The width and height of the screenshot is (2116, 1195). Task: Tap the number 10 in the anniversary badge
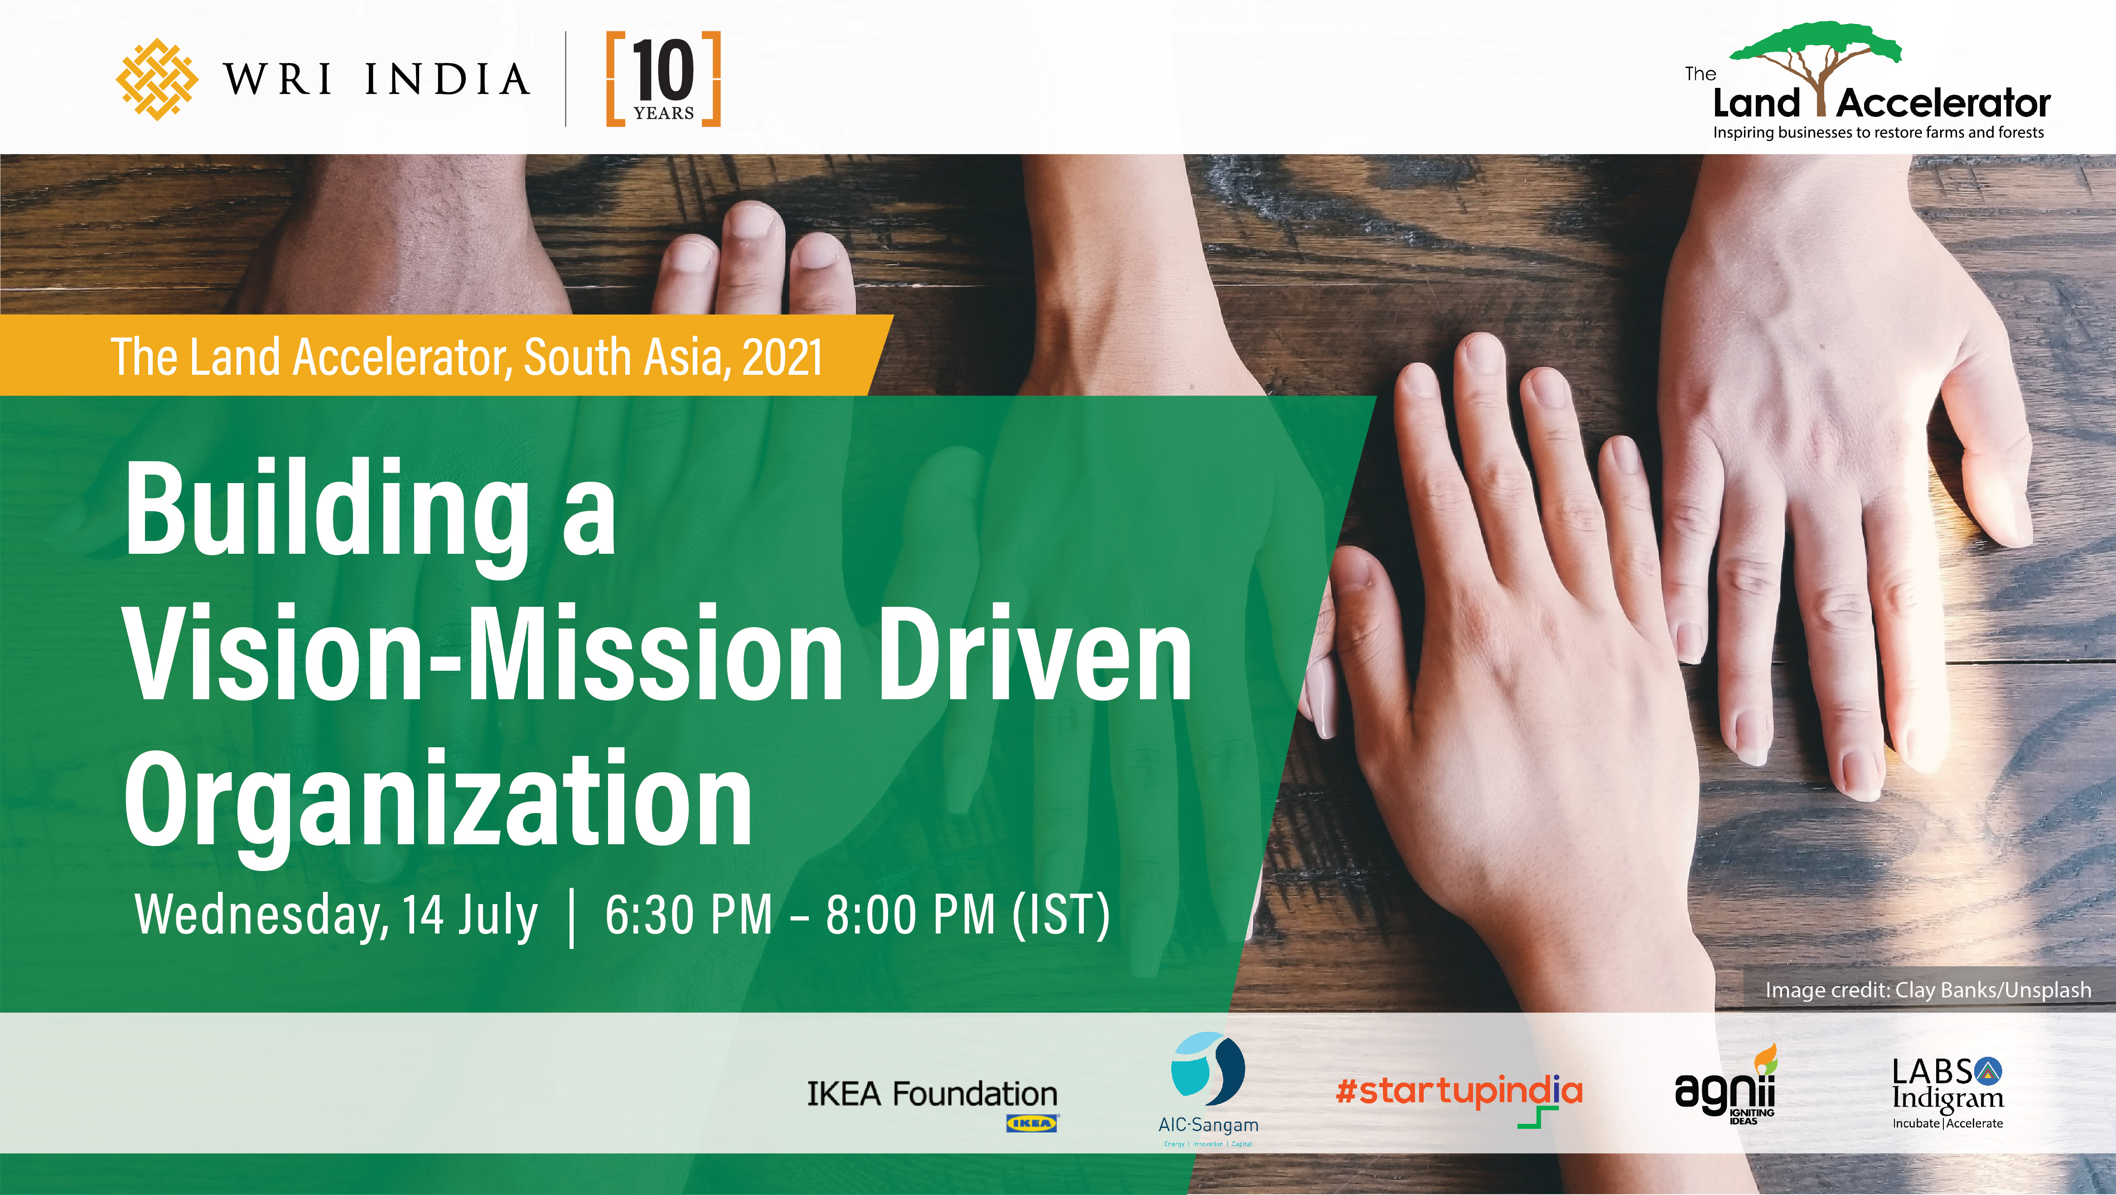(664, 72)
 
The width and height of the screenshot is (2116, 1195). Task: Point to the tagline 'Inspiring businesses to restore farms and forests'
(1879, 132)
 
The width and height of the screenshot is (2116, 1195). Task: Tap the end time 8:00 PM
(911, 914)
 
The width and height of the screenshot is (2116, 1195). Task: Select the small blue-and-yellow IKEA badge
(1033, 1123)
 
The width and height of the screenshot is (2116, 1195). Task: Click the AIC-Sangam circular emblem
(1208, 1069)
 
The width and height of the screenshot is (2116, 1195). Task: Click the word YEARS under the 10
(664, 113)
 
